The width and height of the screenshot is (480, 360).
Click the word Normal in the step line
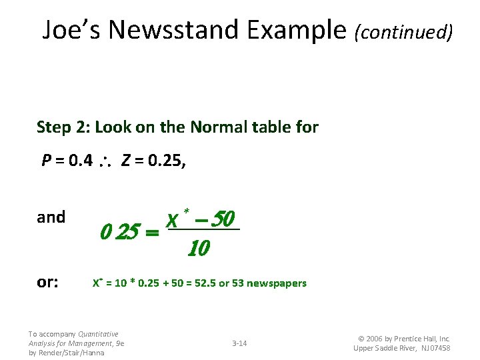217,127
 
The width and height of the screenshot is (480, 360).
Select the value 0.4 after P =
81,161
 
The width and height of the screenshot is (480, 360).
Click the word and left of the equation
51,217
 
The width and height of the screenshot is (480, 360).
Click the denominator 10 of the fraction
199,249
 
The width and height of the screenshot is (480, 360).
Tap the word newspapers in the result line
276,283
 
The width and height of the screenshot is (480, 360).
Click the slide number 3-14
239,343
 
